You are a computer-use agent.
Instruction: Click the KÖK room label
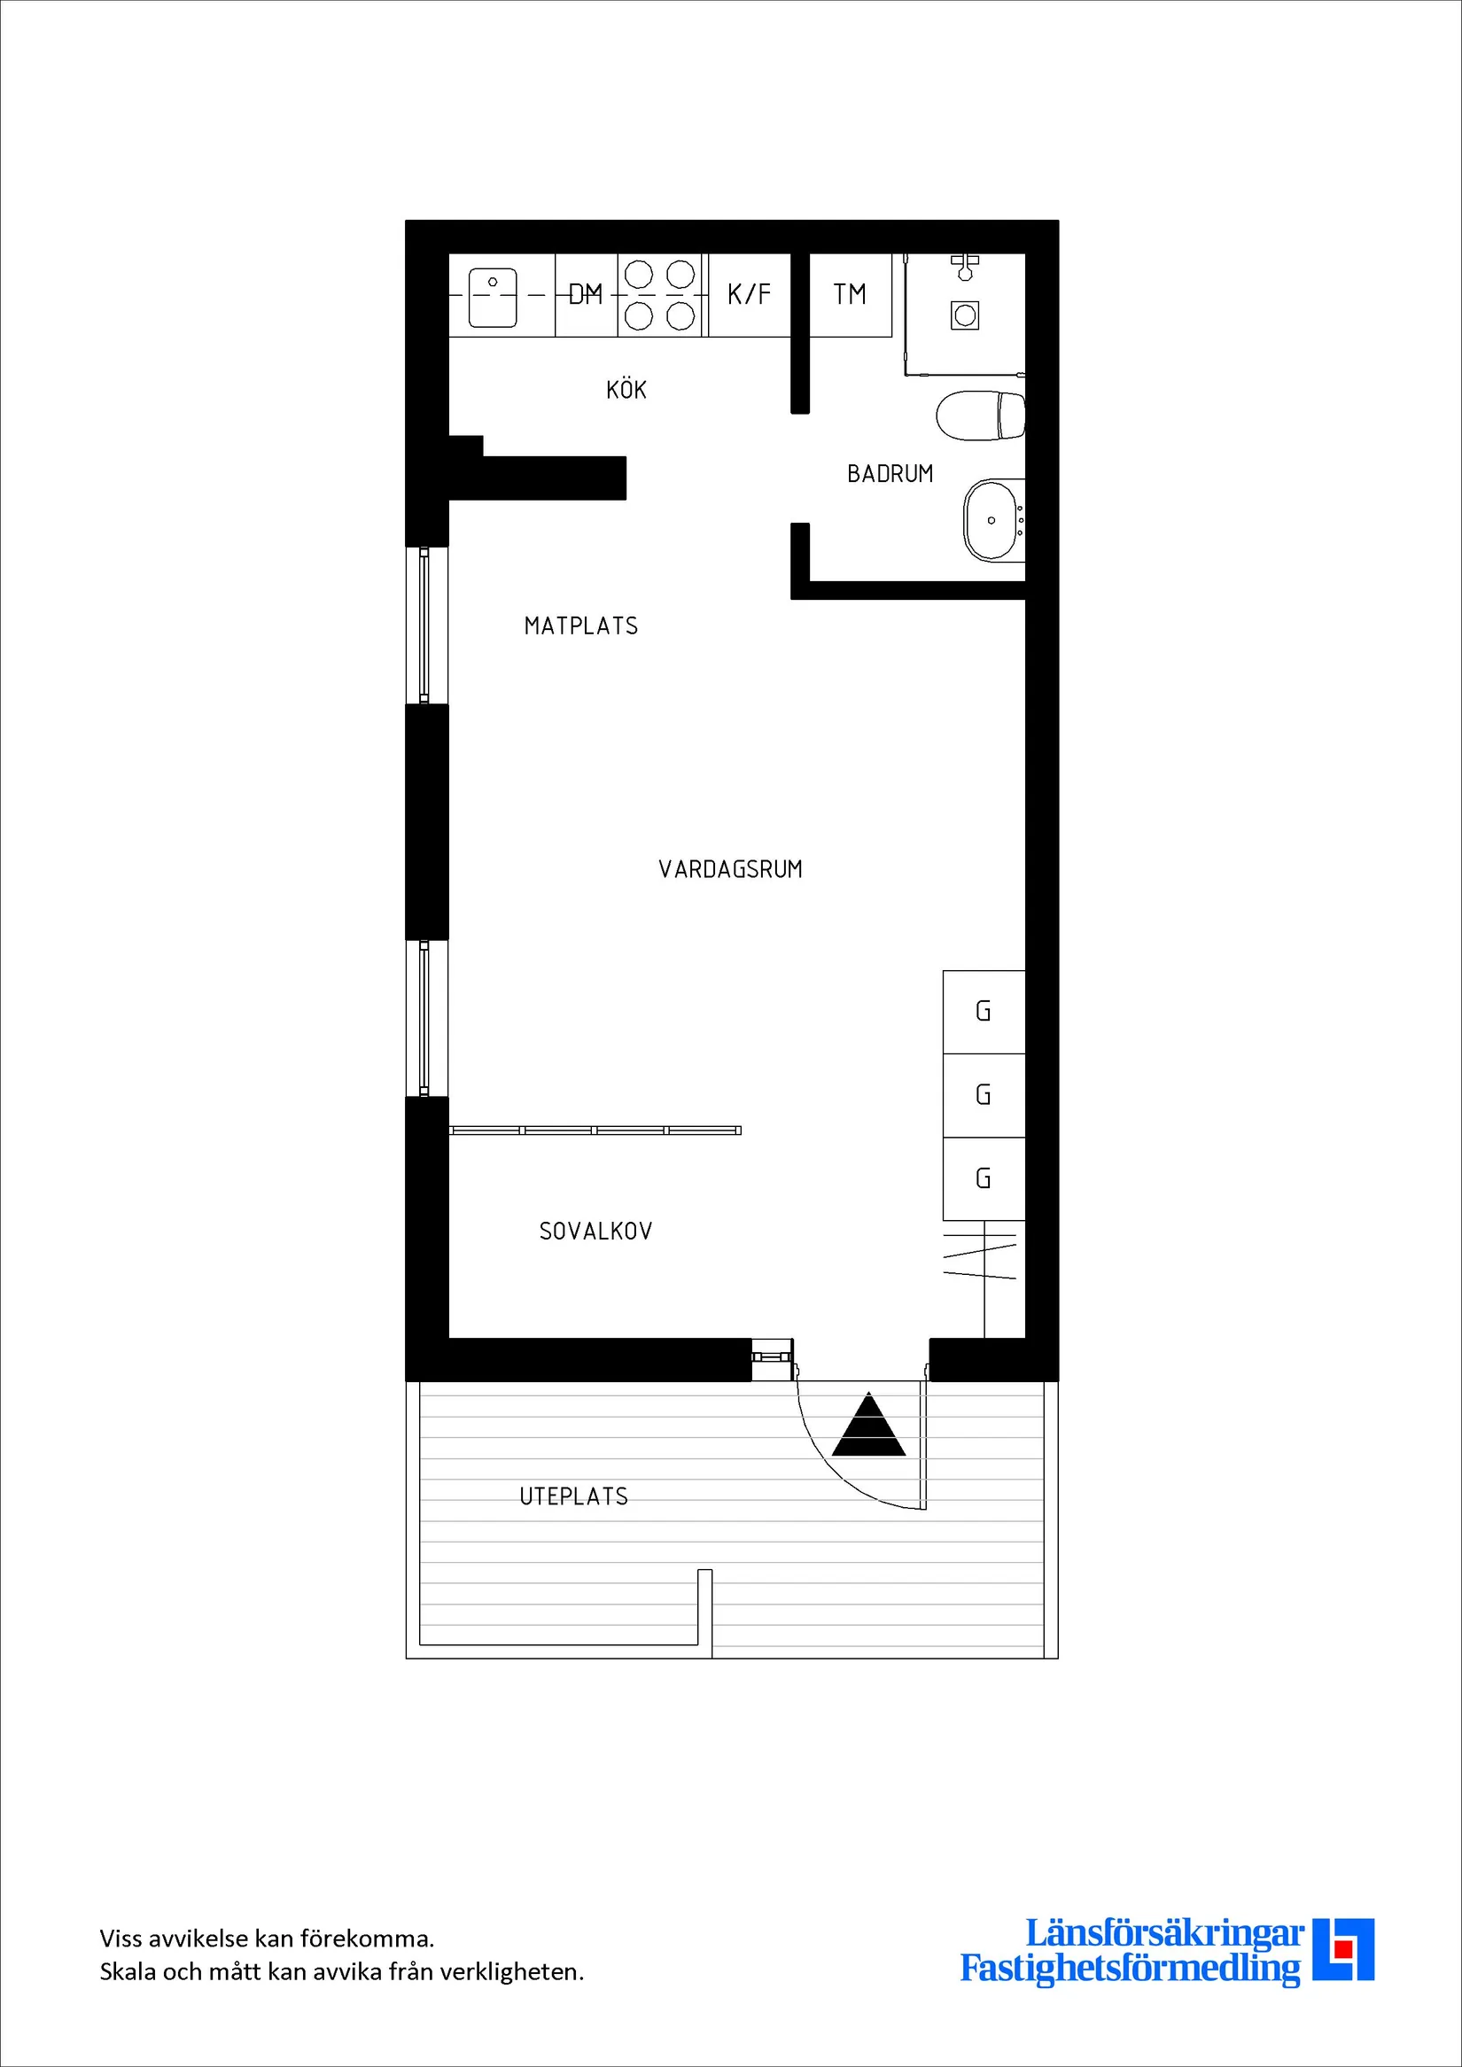[x=626, y=389]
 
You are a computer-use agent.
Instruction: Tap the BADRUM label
[x=890, y=473]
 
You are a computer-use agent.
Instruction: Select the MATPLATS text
[x=580, y=626]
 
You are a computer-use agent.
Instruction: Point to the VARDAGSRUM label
[x=730, y=869]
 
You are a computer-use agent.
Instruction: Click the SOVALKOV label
[x=595, y=1231]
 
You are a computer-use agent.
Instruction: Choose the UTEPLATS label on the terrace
[x=573, y=1496]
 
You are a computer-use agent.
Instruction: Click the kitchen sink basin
[x=493, y=297]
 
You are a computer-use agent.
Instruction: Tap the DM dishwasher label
[x=585, y=294]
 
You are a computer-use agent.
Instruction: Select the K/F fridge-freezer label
[x=749, y=293]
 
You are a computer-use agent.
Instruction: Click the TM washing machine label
[x=850, y=293]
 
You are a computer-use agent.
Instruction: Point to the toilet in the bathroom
[x=980, y=416]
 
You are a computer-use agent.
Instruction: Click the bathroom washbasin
[x=994, y=520]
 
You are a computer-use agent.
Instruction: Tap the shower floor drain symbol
[x=965, y=315]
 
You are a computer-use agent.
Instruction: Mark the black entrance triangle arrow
[x=867, y=1424]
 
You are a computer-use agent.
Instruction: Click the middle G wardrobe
[x=984, y=1096]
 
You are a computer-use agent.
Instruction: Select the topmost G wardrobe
[x=984, y=1012]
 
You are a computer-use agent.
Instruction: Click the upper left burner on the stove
[x=638, y=274]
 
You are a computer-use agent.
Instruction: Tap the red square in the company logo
[x=1343, y=1974]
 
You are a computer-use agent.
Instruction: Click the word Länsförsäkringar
[x=1164, y=1934]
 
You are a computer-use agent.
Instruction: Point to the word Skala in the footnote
[x=128, y=1971]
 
